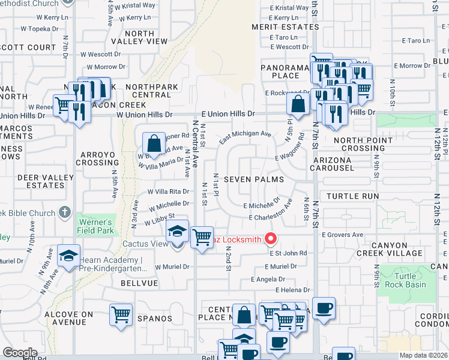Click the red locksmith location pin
point(270,239)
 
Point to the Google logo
point(20,352)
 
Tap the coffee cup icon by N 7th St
point(324,308)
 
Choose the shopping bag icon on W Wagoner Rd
point(154,143)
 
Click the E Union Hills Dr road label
point(228,113)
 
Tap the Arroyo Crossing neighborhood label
point(97,158)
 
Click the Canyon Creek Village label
point(405,249)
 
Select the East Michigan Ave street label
point(245,137)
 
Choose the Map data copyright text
point(424,355)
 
